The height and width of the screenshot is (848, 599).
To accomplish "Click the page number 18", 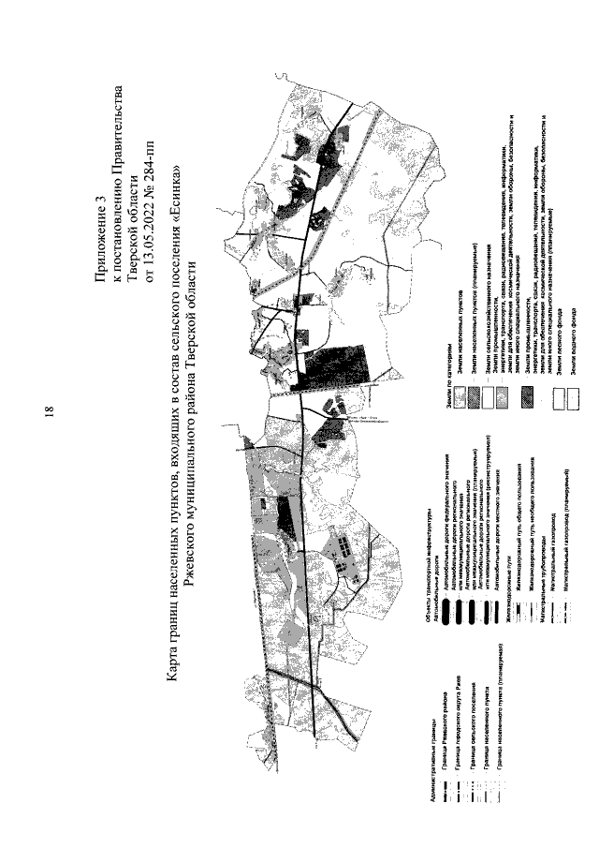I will click(x=49, y=411).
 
